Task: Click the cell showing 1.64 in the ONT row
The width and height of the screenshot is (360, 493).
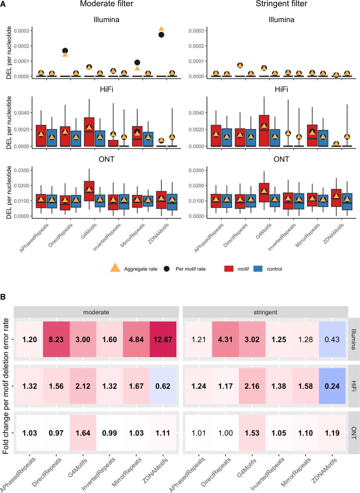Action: [83, 433]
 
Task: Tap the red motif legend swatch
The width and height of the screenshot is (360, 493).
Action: [229, 268]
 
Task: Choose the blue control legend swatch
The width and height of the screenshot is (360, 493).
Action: [258, 268]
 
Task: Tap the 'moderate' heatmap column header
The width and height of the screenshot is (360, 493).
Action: [96, 312]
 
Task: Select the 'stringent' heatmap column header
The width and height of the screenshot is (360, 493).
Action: [265, 312]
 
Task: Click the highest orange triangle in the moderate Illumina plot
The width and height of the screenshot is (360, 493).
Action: [161, 29]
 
